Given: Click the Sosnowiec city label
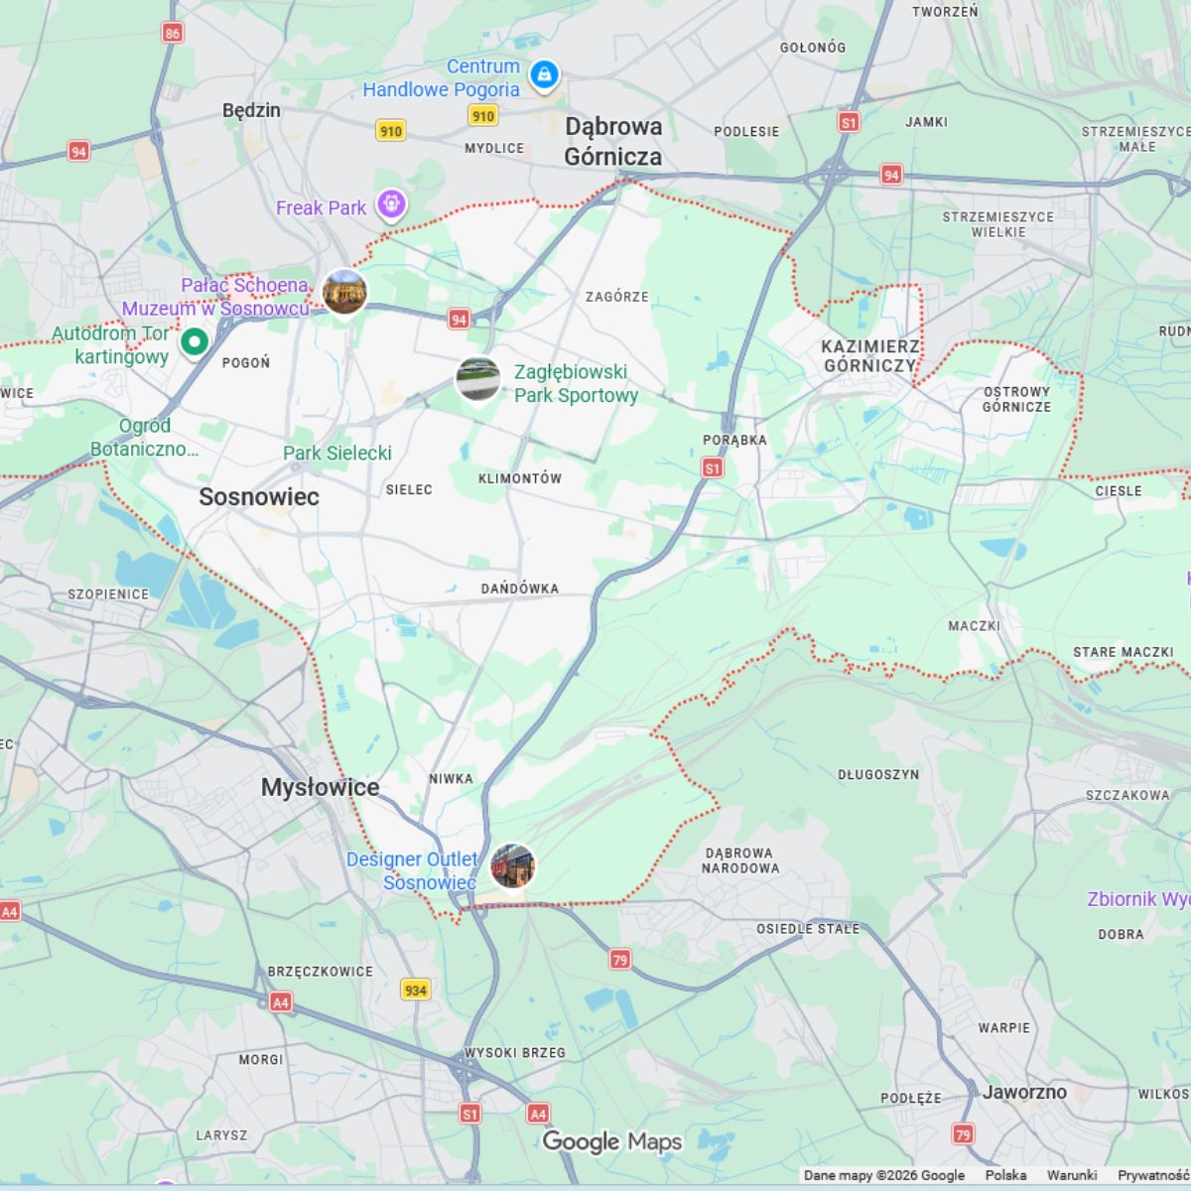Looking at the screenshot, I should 259,497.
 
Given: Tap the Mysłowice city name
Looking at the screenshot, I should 320,788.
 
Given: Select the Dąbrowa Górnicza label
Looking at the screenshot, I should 612,141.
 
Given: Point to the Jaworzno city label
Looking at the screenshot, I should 1024,1092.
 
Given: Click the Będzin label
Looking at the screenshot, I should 251,110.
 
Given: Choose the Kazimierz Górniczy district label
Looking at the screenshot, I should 869,355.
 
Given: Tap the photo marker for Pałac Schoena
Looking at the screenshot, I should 344,292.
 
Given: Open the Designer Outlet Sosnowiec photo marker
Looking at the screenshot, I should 513,866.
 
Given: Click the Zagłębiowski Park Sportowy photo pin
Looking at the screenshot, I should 477,380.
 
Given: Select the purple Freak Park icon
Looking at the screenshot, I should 392,205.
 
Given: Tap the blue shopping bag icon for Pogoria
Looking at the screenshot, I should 544,74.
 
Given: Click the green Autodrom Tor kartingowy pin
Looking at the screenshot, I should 195,342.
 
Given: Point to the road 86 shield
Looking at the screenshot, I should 173,33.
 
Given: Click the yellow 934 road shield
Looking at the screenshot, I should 416,990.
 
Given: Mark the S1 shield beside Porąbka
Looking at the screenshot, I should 713,467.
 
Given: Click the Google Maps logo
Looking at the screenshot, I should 611,1142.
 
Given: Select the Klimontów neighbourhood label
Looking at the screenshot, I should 520,478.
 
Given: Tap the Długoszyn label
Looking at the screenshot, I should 878,774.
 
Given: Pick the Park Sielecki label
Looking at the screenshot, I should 336,454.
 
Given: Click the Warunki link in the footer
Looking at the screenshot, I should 1072,1175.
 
